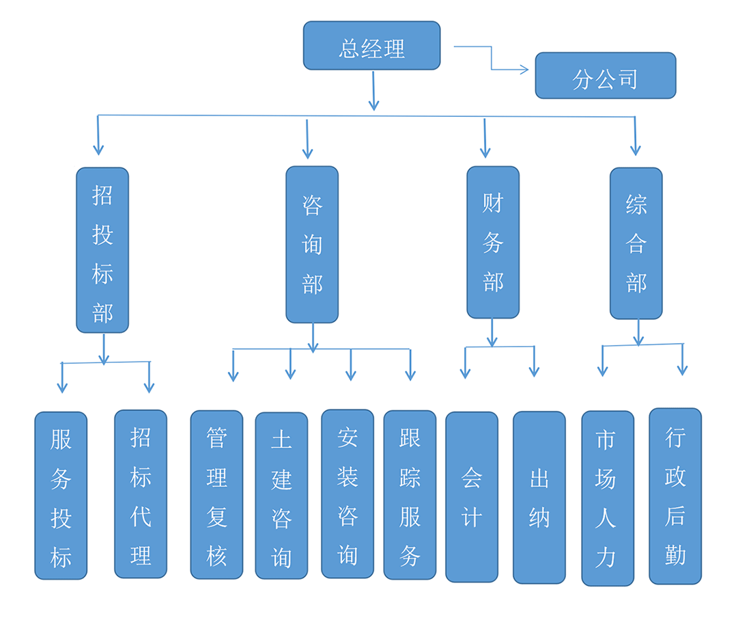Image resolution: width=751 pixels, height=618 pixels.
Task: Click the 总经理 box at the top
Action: pos(371,46)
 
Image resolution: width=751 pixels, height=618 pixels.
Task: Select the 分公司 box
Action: pos(605,76)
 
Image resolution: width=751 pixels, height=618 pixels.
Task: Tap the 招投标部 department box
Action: pos(102,250)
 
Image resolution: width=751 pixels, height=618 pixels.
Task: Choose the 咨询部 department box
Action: pos(312,245)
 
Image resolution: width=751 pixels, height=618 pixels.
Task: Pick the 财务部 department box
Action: pos(493,243)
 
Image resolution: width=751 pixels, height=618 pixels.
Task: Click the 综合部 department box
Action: pos(636,243)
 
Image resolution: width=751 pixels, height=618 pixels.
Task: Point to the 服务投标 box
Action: pos(61,496)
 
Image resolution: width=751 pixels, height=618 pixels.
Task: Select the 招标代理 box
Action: pos(141,494)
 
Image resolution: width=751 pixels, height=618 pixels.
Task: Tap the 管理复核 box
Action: pos(216,494)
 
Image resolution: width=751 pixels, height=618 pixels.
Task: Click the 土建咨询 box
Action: pos(281,496)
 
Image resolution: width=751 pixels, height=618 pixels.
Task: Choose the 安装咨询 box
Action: pos(348,494)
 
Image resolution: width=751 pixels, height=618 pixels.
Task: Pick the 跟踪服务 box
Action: pos(410,494)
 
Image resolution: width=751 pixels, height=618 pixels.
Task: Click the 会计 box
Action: pos(472,497)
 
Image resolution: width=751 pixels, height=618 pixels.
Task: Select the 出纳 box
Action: pos(539,497)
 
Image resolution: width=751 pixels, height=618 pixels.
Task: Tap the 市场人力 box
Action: pos(607,498)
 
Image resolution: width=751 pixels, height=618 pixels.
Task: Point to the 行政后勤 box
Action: pos(675,496)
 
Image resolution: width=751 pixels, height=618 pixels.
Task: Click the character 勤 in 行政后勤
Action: pos(675,554)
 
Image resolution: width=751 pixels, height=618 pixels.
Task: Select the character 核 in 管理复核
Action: pos(216,556)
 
